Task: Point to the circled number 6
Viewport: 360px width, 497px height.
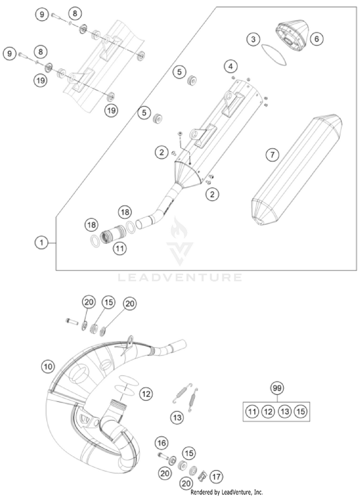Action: [316, 39]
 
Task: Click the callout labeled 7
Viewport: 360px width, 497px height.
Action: [272, 154]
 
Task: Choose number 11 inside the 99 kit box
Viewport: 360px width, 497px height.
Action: [252, 412]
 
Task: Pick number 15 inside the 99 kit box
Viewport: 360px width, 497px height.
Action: [300, 412]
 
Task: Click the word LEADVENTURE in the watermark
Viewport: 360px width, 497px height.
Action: [180, 277]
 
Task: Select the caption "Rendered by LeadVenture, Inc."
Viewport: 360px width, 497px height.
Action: [227, 492]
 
